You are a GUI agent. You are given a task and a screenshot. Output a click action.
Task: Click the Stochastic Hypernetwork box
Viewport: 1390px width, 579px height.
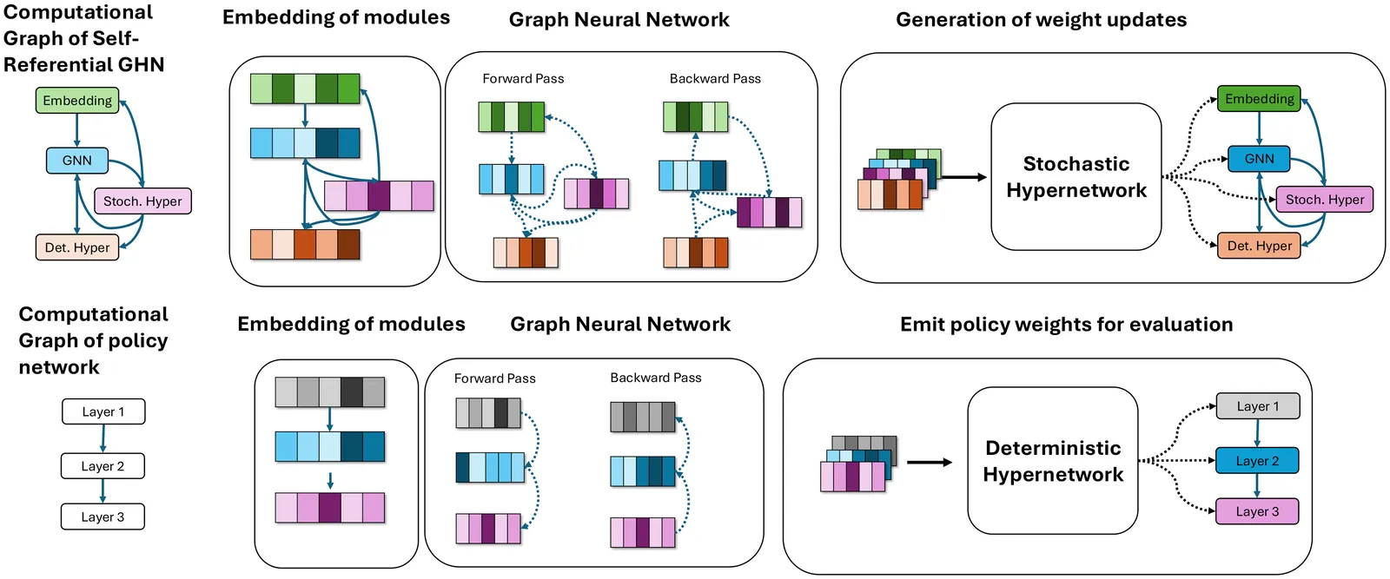pyautogui.click(x=1076, y=177)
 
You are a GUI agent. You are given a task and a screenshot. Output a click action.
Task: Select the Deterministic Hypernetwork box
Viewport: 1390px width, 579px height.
pyautogui.click(x=1052, y=461)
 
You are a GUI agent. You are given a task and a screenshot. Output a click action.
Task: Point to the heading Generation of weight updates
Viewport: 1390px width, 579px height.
pyautogui.click(x=1041, y=20)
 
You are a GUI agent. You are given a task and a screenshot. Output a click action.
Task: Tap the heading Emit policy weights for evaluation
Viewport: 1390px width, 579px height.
pyautogui.click(x=1066, y=325)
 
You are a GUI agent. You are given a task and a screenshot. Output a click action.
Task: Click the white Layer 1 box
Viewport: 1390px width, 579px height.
pyautogui.click(x=103, y=411)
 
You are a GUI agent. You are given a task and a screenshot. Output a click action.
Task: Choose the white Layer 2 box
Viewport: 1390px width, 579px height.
pyautogui.click(x=103, y=466)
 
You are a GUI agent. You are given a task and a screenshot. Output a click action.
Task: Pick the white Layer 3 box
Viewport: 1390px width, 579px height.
pyautogui.click(x=103, y=516)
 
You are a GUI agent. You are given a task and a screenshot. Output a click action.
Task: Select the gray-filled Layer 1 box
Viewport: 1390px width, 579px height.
pyautogui.click(x=1257, y=406)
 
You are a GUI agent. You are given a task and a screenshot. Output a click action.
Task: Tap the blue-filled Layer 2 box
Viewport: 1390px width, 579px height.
pyautogui.click(x=1257, y=461)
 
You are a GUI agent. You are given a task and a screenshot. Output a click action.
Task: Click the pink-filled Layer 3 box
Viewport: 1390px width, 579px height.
pyautogui.click(x=1257, y=511)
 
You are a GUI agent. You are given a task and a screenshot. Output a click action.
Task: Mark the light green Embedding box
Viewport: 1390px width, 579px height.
pyautogui.click(x=77, y=101)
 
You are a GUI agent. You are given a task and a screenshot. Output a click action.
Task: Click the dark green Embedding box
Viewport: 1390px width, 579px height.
pyautogui.click(x=1259, y=99)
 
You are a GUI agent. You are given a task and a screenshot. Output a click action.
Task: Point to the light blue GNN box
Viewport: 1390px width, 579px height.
pyautogui.click(x=76, y=161)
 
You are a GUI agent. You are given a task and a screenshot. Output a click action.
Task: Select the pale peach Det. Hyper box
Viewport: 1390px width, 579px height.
pyautogui.click(x=77, y=247)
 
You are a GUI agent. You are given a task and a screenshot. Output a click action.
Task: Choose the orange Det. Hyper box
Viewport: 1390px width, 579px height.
pyautogui.click(x=1259, y=246)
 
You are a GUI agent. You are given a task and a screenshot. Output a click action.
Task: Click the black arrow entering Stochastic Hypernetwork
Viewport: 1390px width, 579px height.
pyautogui.click(x=963, y=177)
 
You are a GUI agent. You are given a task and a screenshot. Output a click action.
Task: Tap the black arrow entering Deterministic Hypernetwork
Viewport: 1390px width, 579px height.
pyautogui.click(x=930, y=462)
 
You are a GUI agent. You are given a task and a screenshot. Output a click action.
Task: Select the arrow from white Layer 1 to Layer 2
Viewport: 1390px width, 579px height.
pyautogui.click(x=103, y=439)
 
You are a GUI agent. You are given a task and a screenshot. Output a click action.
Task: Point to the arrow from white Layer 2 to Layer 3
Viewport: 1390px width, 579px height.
pyautogui.click(x=103, y=491)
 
